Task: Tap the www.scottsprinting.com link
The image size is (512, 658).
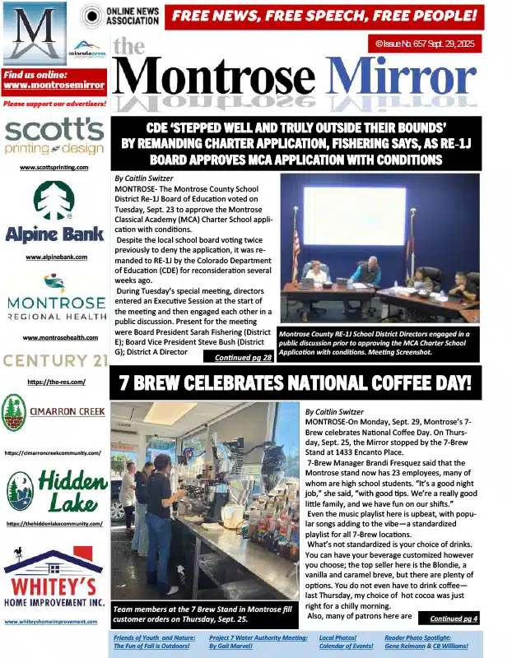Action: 54,167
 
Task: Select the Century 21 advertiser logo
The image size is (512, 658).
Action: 54,360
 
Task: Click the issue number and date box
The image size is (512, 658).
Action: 424,44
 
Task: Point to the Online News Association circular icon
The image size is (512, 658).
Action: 92,16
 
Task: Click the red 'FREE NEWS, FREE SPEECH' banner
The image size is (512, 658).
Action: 323,16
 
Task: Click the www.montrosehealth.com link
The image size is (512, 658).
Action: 54,338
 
